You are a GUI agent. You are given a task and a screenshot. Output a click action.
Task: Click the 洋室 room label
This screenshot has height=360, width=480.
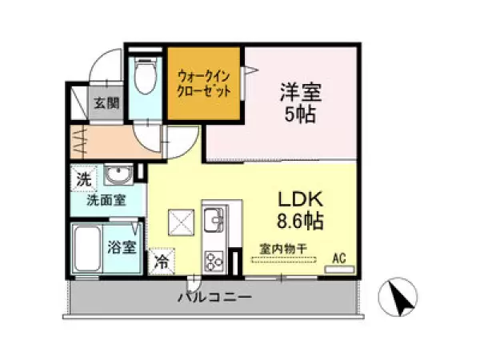point(296,91)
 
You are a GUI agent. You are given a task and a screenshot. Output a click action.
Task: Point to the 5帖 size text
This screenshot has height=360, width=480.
point(298,114)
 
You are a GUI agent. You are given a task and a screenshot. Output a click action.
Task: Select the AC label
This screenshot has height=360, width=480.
point(339,258)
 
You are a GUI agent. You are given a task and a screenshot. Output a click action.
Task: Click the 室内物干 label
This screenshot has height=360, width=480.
point(279,248)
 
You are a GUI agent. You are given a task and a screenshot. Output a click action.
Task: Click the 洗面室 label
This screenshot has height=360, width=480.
point(106,200)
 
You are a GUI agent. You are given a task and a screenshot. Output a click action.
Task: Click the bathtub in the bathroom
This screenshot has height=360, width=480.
point(87,248)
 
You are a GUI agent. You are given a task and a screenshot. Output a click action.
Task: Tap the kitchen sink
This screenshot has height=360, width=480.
point(214,218)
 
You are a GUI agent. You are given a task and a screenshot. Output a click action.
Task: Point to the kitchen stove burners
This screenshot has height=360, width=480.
point(215,260)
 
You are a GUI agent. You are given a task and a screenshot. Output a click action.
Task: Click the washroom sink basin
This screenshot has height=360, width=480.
point(119,175)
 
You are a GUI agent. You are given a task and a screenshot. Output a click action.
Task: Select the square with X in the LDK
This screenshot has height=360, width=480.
point(181,221)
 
